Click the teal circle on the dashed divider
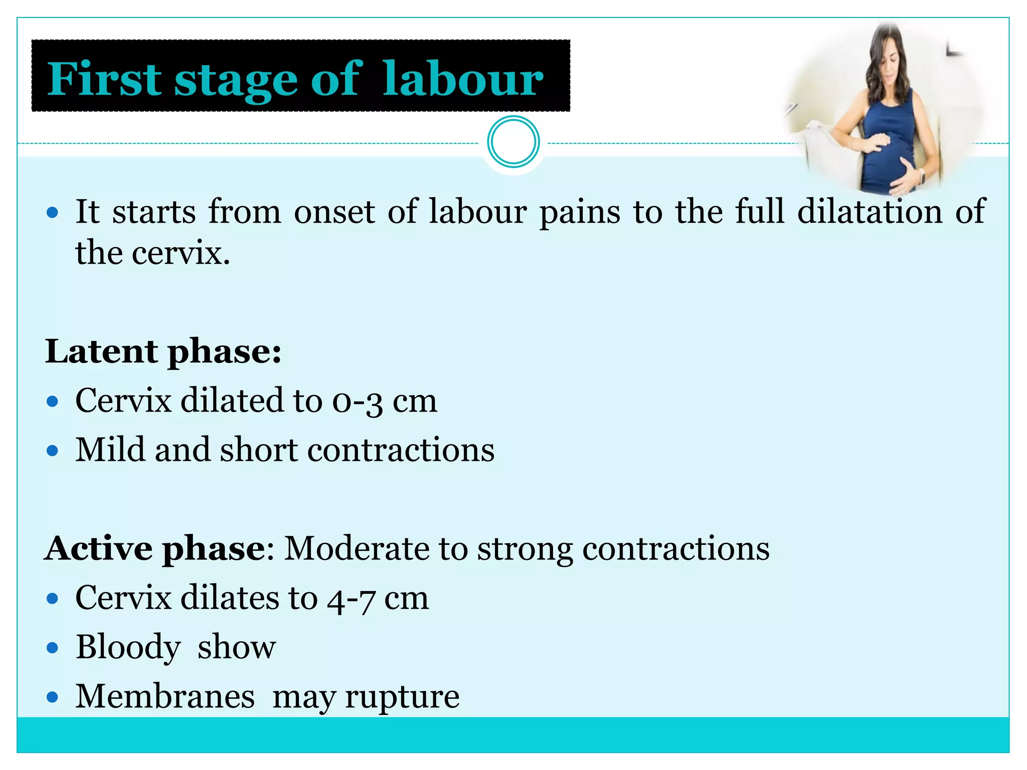pos(513,142)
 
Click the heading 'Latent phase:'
pos(163,351)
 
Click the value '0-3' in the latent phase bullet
pos(357,401)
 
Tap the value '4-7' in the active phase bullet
pos(351,599)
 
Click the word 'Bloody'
pos(128,647)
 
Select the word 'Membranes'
pos(165,696)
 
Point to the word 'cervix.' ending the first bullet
pos(181,253)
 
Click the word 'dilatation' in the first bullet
pos(870,211)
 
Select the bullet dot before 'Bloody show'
pos(52,648)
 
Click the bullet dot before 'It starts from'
pos(52,213)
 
